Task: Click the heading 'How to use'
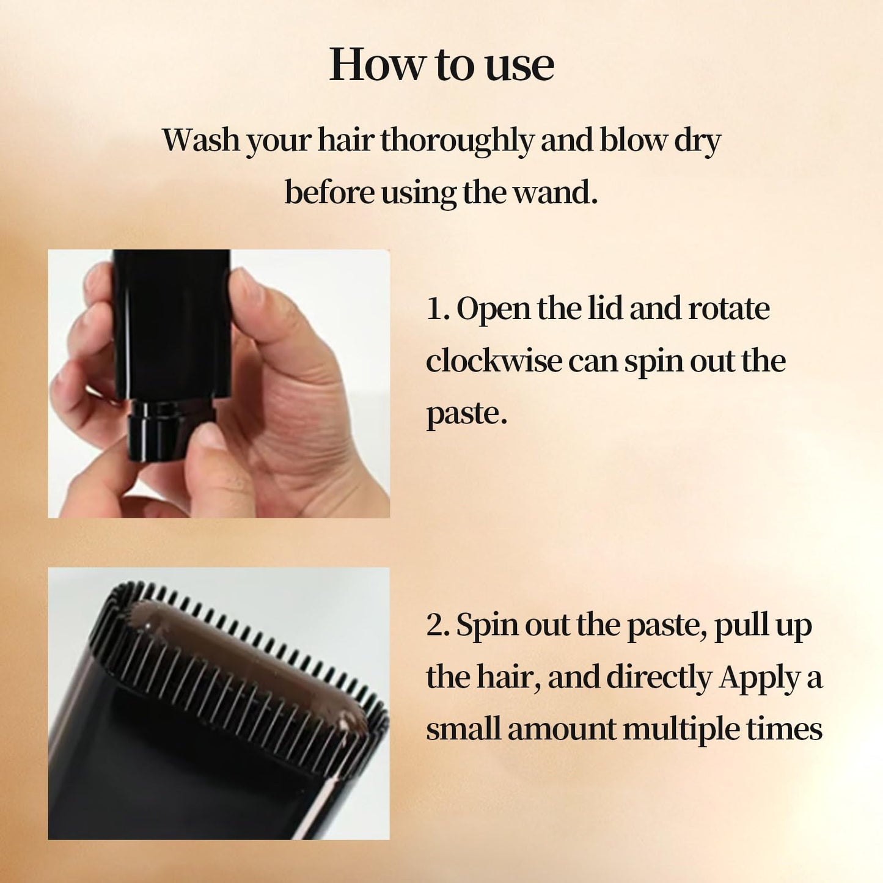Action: [x=441, y=64]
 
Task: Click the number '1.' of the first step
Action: [x=438, y=309]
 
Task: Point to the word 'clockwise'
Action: [x=493, y=361]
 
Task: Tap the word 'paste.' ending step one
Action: [x=467, y=414]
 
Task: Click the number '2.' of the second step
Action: [x=439, y=626]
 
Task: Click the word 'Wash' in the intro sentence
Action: [x=201, y=140]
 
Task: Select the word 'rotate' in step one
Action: [x=728, y=309]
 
